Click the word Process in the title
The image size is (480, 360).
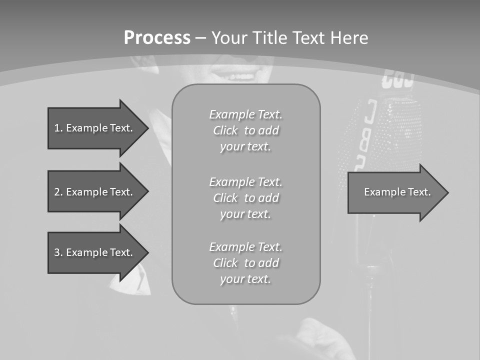pyautogui.click(x=157, y=38)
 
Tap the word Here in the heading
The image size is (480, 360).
pyautogui.click(x=350, y=38)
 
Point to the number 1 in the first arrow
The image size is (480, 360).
pyautogui.click(x=57, y=128)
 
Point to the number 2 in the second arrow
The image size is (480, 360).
pyautogui.click(x=57, y=192)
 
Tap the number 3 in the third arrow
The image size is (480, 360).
pyautogui.click(x=57, y=252)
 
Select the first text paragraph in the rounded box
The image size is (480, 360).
pyautogui.click(x=245, y=130)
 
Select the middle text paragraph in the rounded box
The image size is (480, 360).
pyautogui.click(x=245, y=198)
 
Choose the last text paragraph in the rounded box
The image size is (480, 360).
pyautogui.click(x=245, y=263)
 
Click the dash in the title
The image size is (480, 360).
pyautogui.click(x=201, y=38)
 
